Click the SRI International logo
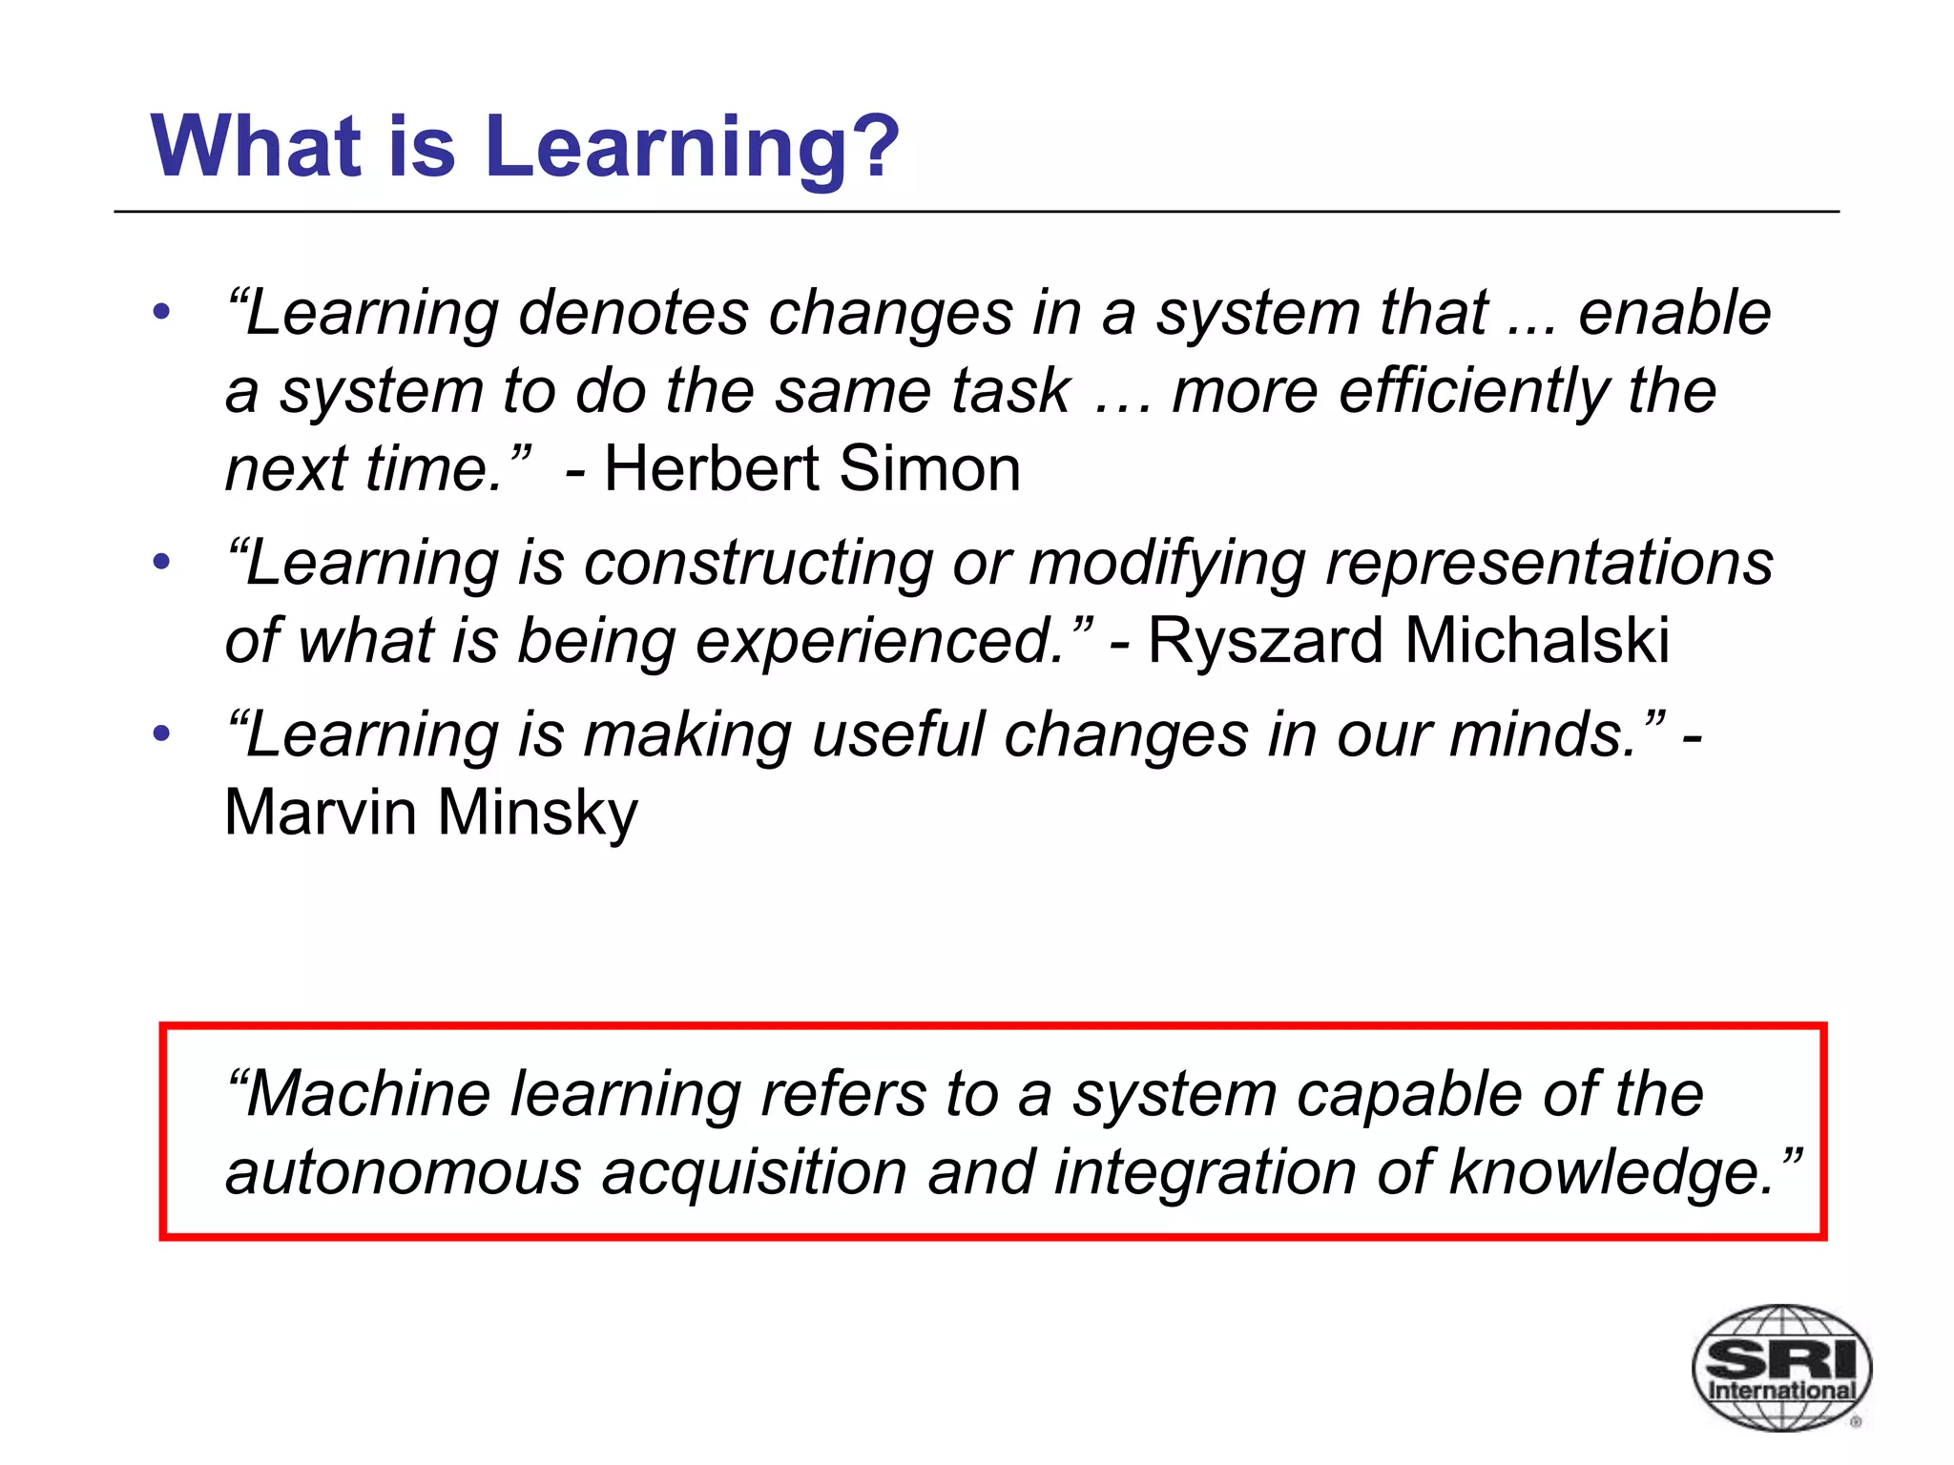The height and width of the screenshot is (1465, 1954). coord(1780,1367)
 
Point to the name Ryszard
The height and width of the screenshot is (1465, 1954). coord(1264,640)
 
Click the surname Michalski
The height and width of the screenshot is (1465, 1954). coord(1537,640)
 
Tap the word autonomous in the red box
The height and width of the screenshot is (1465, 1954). coord(403,1172)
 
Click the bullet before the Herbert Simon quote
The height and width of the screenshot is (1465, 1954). coord(161,312)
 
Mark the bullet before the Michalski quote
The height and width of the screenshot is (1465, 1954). coord(161,562)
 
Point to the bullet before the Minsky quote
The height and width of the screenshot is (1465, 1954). coord(161,733)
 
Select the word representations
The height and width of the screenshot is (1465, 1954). coord(1549,563)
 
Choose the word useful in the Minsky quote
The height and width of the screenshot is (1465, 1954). coord(898,735)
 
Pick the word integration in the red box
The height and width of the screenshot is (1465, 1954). coord(1204,1172)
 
